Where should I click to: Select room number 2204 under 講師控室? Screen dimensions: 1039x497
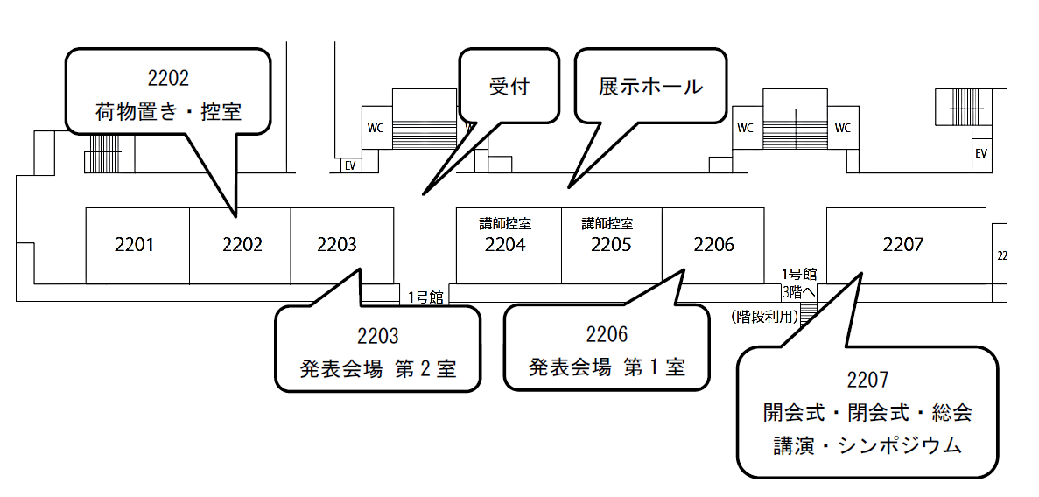point(505,245)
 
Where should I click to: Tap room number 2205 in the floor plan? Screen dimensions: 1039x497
point(611,245)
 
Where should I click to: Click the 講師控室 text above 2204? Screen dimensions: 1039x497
point(505,224)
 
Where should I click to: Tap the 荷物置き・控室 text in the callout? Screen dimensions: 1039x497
point(168,111)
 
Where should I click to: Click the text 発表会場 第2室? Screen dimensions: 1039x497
point(377,368)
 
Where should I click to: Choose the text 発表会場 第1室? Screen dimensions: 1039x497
point(607,367)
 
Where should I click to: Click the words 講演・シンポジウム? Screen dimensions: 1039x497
point(867,446)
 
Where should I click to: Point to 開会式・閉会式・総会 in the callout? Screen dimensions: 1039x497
point(867,413)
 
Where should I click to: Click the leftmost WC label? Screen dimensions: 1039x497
point(375,128)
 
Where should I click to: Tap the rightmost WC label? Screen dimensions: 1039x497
point(842,128)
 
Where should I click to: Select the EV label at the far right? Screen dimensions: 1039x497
point(981,153)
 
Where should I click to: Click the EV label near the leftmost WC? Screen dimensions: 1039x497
point(349,165)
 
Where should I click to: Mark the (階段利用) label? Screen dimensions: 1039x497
point(763,317)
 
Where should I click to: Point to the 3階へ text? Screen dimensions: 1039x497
point(799,290)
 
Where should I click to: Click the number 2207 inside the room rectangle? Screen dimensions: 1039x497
point(902,245)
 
